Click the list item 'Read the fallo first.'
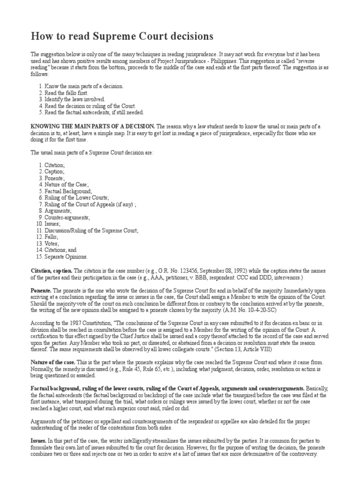point(67,93)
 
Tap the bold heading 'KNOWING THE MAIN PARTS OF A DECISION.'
point(93,127)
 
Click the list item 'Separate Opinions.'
point(66,257)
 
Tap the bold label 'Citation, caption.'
point(52,271)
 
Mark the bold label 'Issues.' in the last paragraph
point(39,442)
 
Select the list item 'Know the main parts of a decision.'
point(84,86)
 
